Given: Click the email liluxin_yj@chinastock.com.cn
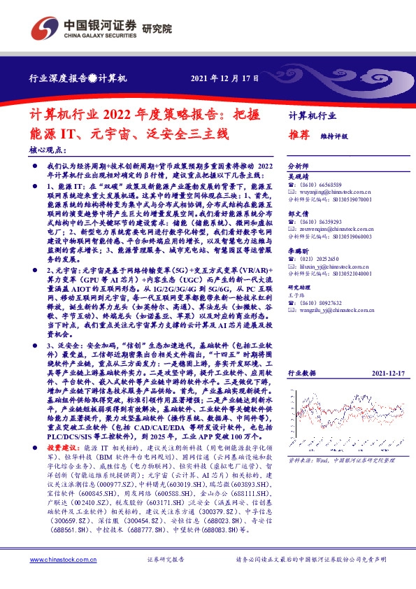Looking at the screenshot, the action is point(330,267).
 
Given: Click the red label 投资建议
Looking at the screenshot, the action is point(65,446).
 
